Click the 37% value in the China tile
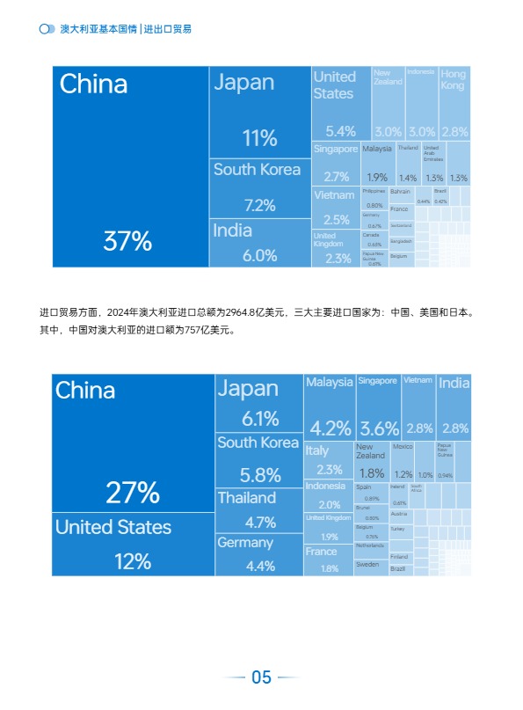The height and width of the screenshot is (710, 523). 128,241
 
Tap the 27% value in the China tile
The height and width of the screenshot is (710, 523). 133,493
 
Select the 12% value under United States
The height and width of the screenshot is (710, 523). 133,560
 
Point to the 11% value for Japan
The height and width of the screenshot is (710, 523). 259,138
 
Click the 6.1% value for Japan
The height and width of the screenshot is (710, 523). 259,419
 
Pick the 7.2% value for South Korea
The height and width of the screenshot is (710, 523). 259,205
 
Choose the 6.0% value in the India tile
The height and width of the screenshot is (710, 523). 259,255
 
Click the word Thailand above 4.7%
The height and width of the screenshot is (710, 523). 247,498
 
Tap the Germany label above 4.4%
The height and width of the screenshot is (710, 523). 245,543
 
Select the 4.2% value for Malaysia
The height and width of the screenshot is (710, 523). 330,428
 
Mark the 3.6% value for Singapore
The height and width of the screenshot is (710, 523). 379,428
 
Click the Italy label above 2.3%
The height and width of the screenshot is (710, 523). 317,450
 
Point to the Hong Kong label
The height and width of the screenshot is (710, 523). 454,80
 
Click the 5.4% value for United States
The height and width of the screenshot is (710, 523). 335,131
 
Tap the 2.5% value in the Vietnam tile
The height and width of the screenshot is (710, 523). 336,220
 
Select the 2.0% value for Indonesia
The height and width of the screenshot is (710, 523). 330,505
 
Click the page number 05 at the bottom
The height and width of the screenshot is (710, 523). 261,677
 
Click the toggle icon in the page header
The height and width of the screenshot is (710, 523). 47,29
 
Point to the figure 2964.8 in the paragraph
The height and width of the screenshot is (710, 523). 243,311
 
